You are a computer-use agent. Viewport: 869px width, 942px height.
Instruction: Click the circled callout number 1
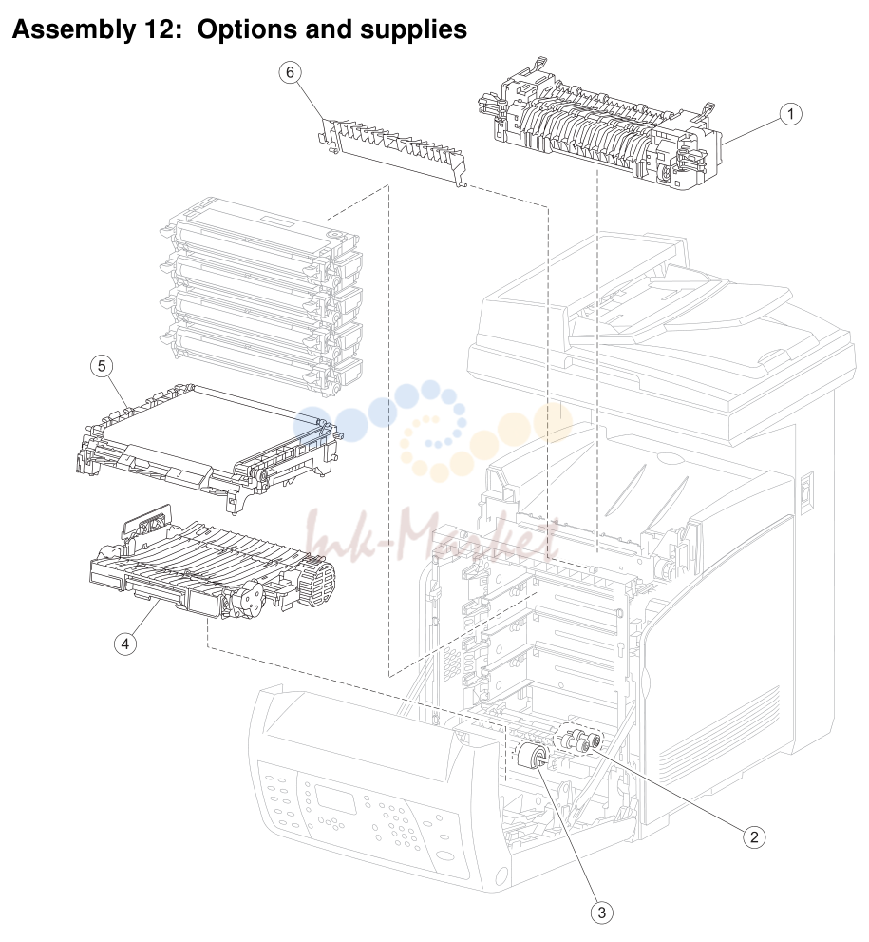(790, 113)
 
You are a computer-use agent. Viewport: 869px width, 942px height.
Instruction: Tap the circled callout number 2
(754, 836)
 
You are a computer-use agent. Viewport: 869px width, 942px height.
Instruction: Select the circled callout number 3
(602, 913)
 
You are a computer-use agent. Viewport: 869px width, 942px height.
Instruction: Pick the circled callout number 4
(124, 644)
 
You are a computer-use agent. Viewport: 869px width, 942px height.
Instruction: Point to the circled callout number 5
(102, 366)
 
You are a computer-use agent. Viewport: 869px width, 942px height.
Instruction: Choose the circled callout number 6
(290, 72)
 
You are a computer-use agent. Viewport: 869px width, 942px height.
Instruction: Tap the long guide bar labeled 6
(392, 150)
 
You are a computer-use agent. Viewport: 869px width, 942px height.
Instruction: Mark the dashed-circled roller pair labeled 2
(579, 740)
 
